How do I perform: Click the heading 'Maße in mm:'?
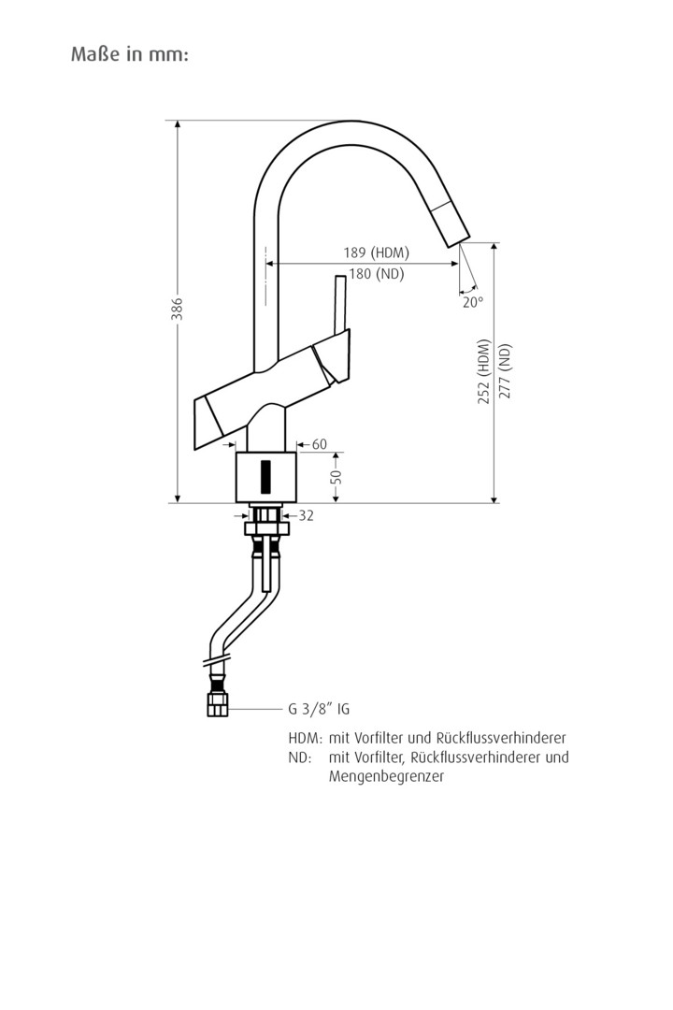130,54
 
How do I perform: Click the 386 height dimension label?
177,310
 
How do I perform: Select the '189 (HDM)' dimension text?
377,252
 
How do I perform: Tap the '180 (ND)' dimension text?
376,274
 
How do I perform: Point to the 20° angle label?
472,302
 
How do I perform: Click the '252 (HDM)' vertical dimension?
483,371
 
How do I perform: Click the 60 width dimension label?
320,444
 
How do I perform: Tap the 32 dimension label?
306,515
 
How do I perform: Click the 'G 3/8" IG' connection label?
319,709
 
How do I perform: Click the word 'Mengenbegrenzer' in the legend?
386,776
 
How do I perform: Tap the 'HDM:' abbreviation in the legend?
305,738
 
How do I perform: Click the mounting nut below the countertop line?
267,528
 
